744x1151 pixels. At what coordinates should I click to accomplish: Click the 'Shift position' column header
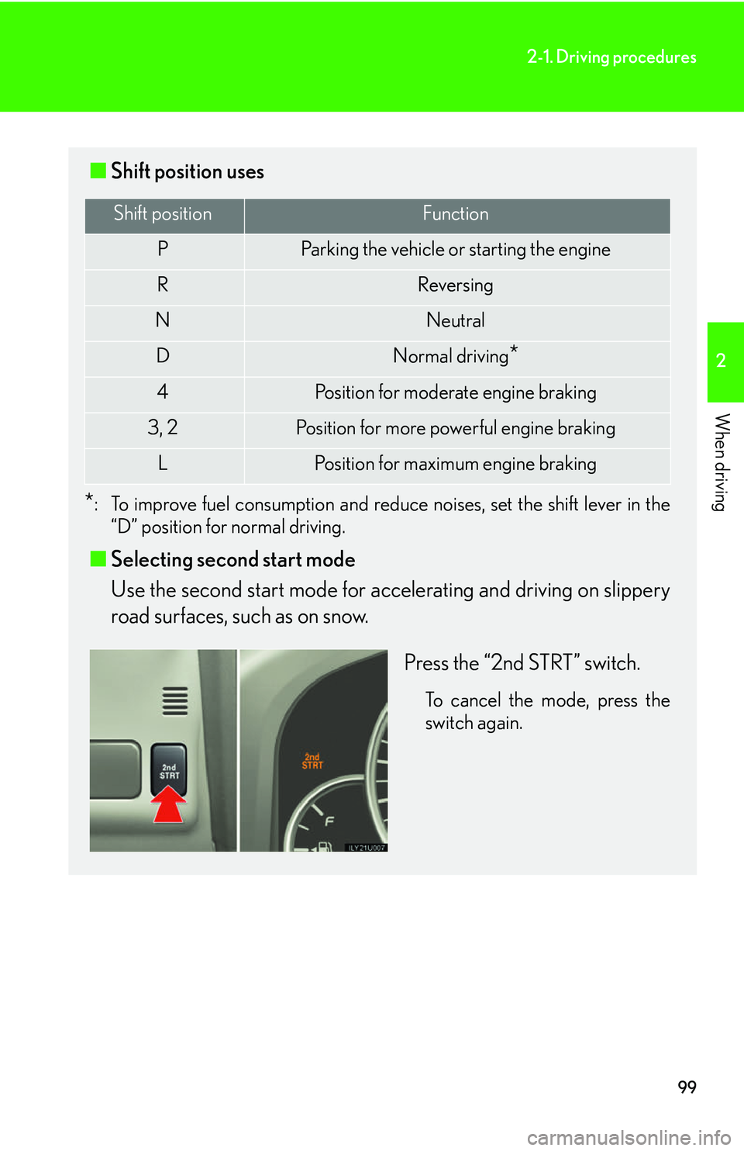[x=163, y=214]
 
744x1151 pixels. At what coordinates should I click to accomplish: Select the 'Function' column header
[x=456, y=214]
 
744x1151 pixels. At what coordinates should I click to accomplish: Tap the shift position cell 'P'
[x=163, y=249]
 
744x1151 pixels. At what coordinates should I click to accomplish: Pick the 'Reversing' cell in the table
[x=456, y=285]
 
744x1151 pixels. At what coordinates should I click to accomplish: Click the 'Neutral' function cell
[x=456, y=320]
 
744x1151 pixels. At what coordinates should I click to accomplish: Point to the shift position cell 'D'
[x=163, y=356]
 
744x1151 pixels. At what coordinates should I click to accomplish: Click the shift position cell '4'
[x=163, y=392]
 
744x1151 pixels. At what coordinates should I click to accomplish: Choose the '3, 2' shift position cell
[x=163, y=427]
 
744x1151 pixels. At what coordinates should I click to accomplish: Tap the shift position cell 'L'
[x=163, y=463]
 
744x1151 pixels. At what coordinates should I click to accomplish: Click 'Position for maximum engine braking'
[x=456, y=464]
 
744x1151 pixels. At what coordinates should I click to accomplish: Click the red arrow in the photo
[x=168, y=804]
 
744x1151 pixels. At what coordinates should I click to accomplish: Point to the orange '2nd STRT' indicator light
[x=312, y=761]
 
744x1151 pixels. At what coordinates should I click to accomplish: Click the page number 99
[x=687, y=1087]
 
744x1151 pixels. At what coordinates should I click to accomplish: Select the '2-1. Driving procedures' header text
[x=611, y=57]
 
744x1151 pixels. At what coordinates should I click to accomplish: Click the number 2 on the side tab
[x=722, y=361]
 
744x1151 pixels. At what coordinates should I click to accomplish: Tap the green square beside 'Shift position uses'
[x=98, y=171]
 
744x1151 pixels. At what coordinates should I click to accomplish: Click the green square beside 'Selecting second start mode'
[x=98, y=559]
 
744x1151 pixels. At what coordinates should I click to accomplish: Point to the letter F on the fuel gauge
[x=329, y=821]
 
